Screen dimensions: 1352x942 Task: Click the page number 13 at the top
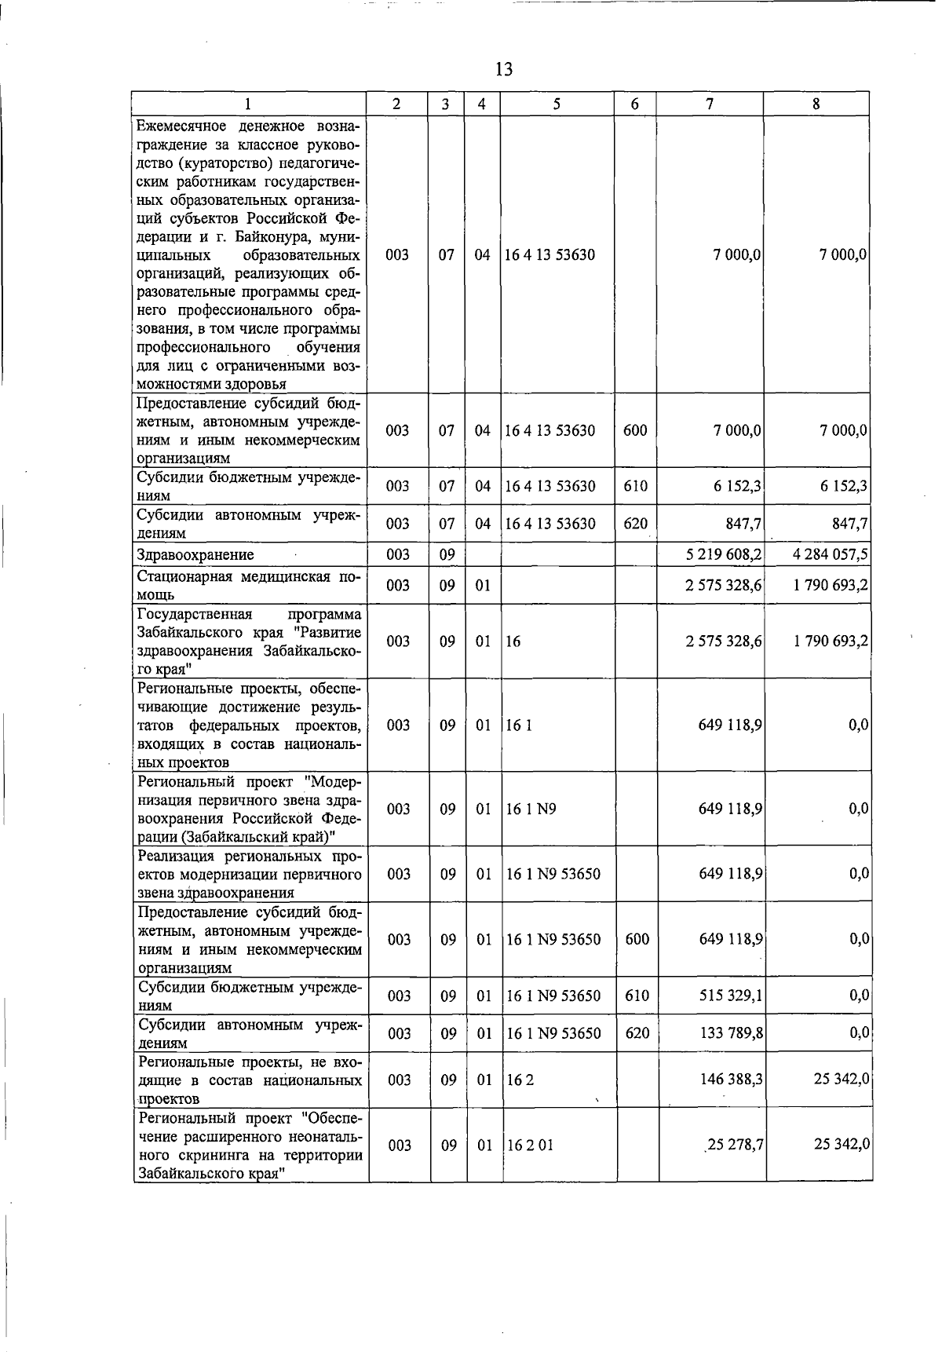[504, 69]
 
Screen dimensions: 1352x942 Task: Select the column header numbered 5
[556, 104]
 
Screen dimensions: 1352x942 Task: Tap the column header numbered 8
[816, 104]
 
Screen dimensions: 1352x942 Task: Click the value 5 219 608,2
[723, 554]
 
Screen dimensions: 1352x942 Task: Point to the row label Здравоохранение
[195, 554]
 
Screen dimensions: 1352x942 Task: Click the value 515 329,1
[731, 996]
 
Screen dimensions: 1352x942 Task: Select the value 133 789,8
[731, 1032]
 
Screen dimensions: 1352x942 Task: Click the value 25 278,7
[735, 1145]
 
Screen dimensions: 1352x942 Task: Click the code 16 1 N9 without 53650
[531, 809]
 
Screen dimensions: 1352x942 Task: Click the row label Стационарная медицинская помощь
[249, 586]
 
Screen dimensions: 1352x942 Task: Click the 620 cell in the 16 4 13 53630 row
[635, 523]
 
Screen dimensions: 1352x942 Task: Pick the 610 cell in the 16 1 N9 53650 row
[637, 996]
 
